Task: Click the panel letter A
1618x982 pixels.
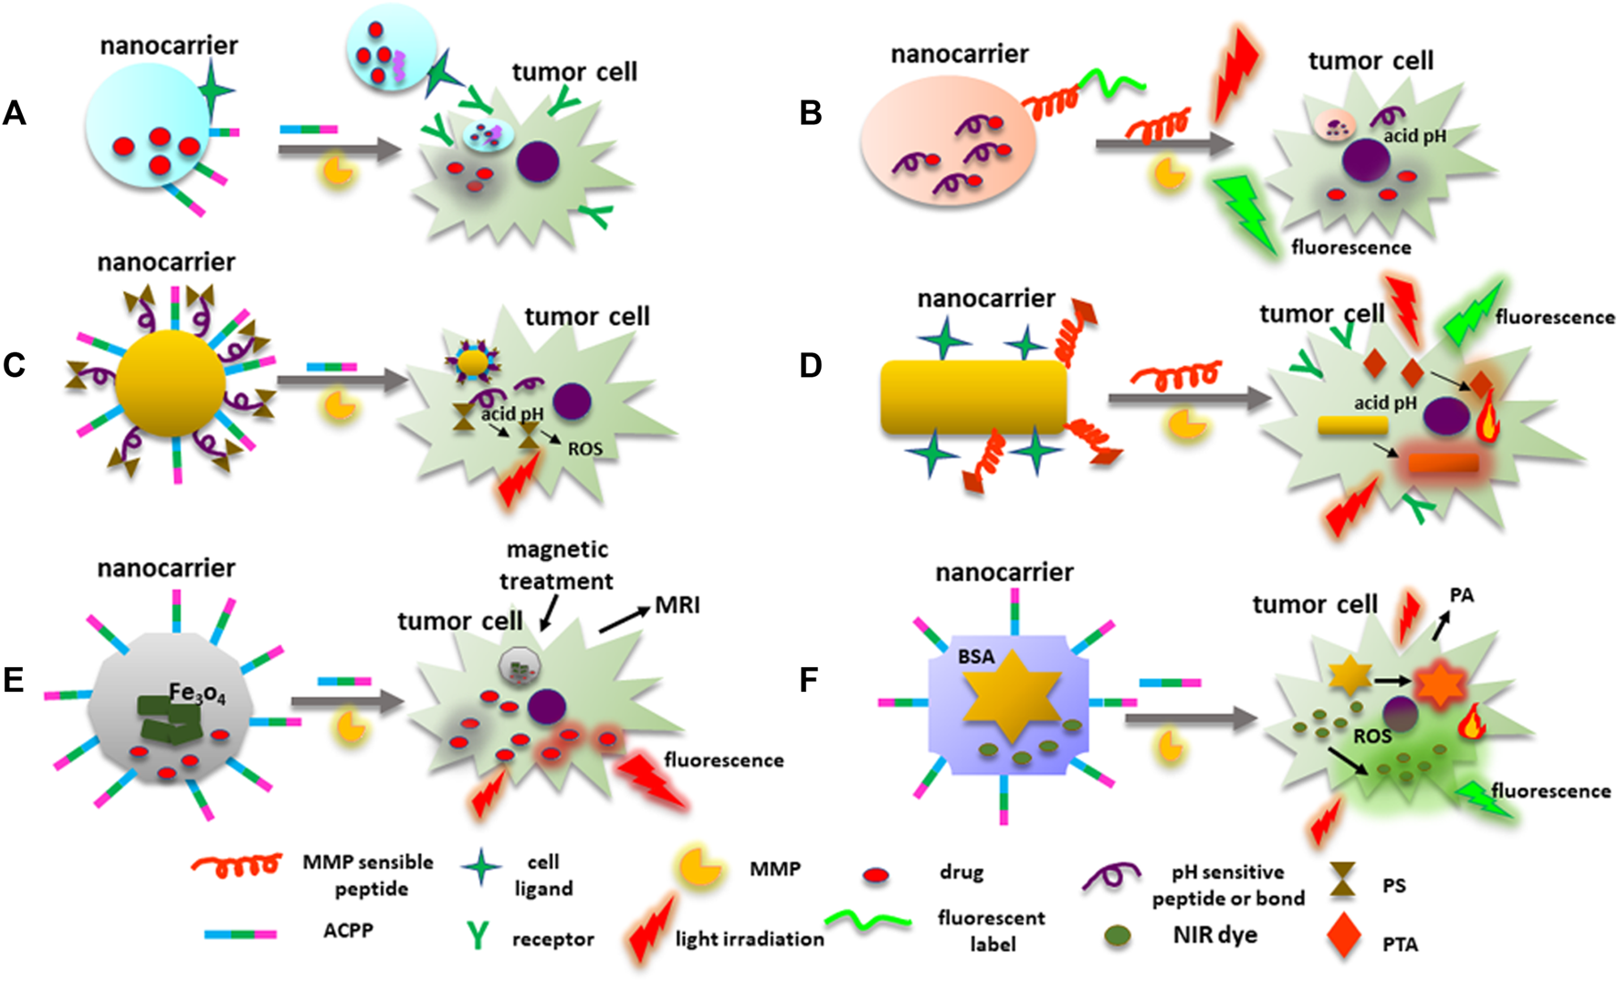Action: point(15,113)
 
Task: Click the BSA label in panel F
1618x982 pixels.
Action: point(976,656)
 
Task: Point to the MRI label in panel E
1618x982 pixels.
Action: point(677,605)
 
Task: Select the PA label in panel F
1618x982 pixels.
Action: point(1462,595)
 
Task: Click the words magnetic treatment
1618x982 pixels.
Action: point(557,565)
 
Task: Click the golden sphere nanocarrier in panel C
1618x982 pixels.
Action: point(171,383)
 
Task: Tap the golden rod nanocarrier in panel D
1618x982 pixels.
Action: point(973,397)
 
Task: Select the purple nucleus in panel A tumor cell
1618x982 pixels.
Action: point(538,162)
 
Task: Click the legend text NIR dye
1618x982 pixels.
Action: point(1214,935)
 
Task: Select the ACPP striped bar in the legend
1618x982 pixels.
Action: point(241,935)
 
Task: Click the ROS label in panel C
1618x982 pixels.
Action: point(584,449)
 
